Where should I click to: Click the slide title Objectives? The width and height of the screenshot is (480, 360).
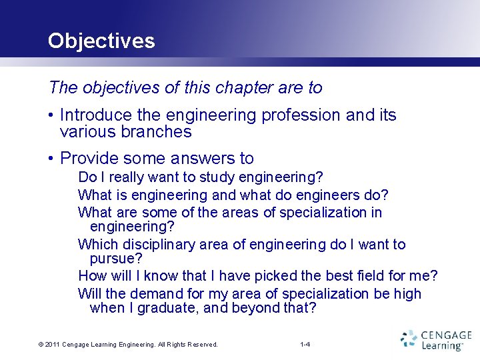coord(101,41)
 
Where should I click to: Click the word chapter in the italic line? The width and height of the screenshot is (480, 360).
coord(229,87)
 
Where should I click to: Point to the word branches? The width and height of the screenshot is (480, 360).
coord(157,132)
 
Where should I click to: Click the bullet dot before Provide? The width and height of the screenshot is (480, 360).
coord(51,159)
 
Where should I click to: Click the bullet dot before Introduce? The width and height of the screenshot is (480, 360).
coord(51,115)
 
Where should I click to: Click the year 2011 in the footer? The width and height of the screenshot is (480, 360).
coord(51,345)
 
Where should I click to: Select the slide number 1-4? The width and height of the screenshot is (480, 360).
coord(305,345)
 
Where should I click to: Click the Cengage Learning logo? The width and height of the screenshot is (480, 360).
coord(436,340)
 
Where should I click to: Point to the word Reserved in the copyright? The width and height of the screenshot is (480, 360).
coord(199,345)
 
